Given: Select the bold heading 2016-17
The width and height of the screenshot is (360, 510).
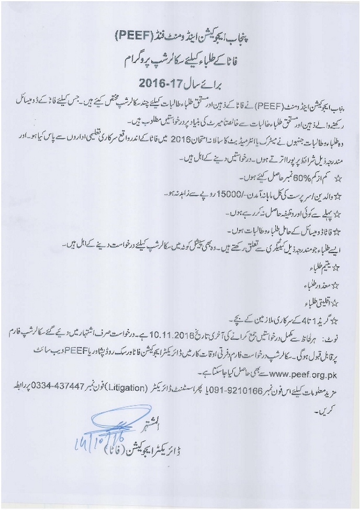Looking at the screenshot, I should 163,83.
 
